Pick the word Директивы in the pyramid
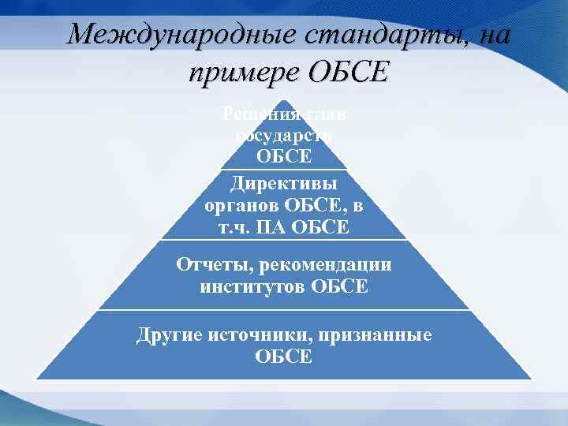(284, 183)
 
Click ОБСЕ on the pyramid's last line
(284, 357)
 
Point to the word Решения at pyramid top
(252, 114)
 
